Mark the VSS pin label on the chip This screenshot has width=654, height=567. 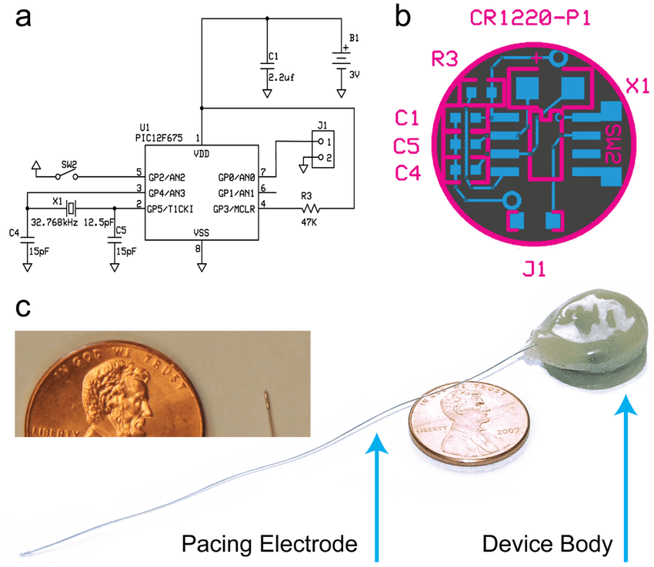[202, 231]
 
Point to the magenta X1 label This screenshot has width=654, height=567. [637, 86]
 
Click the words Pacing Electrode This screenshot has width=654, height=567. [269, 545]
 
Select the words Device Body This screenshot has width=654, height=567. [547, 545]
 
